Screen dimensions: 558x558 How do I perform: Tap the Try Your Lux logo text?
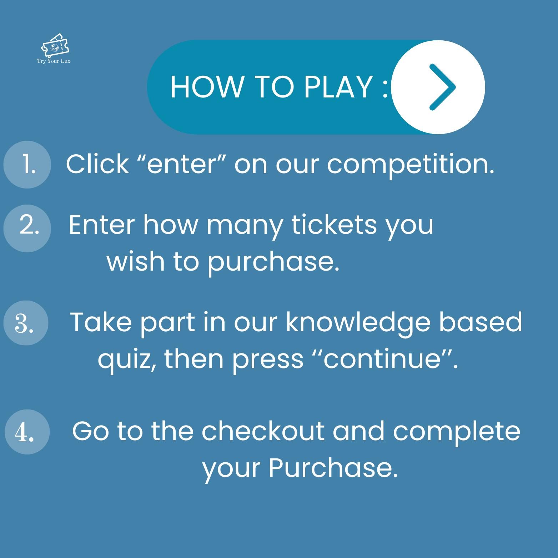pyautogui.click(x=54, y=61)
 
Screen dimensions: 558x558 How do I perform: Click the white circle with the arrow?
pyautogui.click(x=438, y=87)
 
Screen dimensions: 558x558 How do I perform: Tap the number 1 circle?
pyautogui.click(x=27, y=165)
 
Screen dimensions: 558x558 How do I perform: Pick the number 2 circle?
pyautogui.click(x=27, y=228)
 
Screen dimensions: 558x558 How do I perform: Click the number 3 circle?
pyautogui.click(x=26, y=323)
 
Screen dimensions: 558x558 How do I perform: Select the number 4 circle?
pyautogui.click(x=27, y=432)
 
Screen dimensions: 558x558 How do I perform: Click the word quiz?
pyautogui.click(x=129, y=360)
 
